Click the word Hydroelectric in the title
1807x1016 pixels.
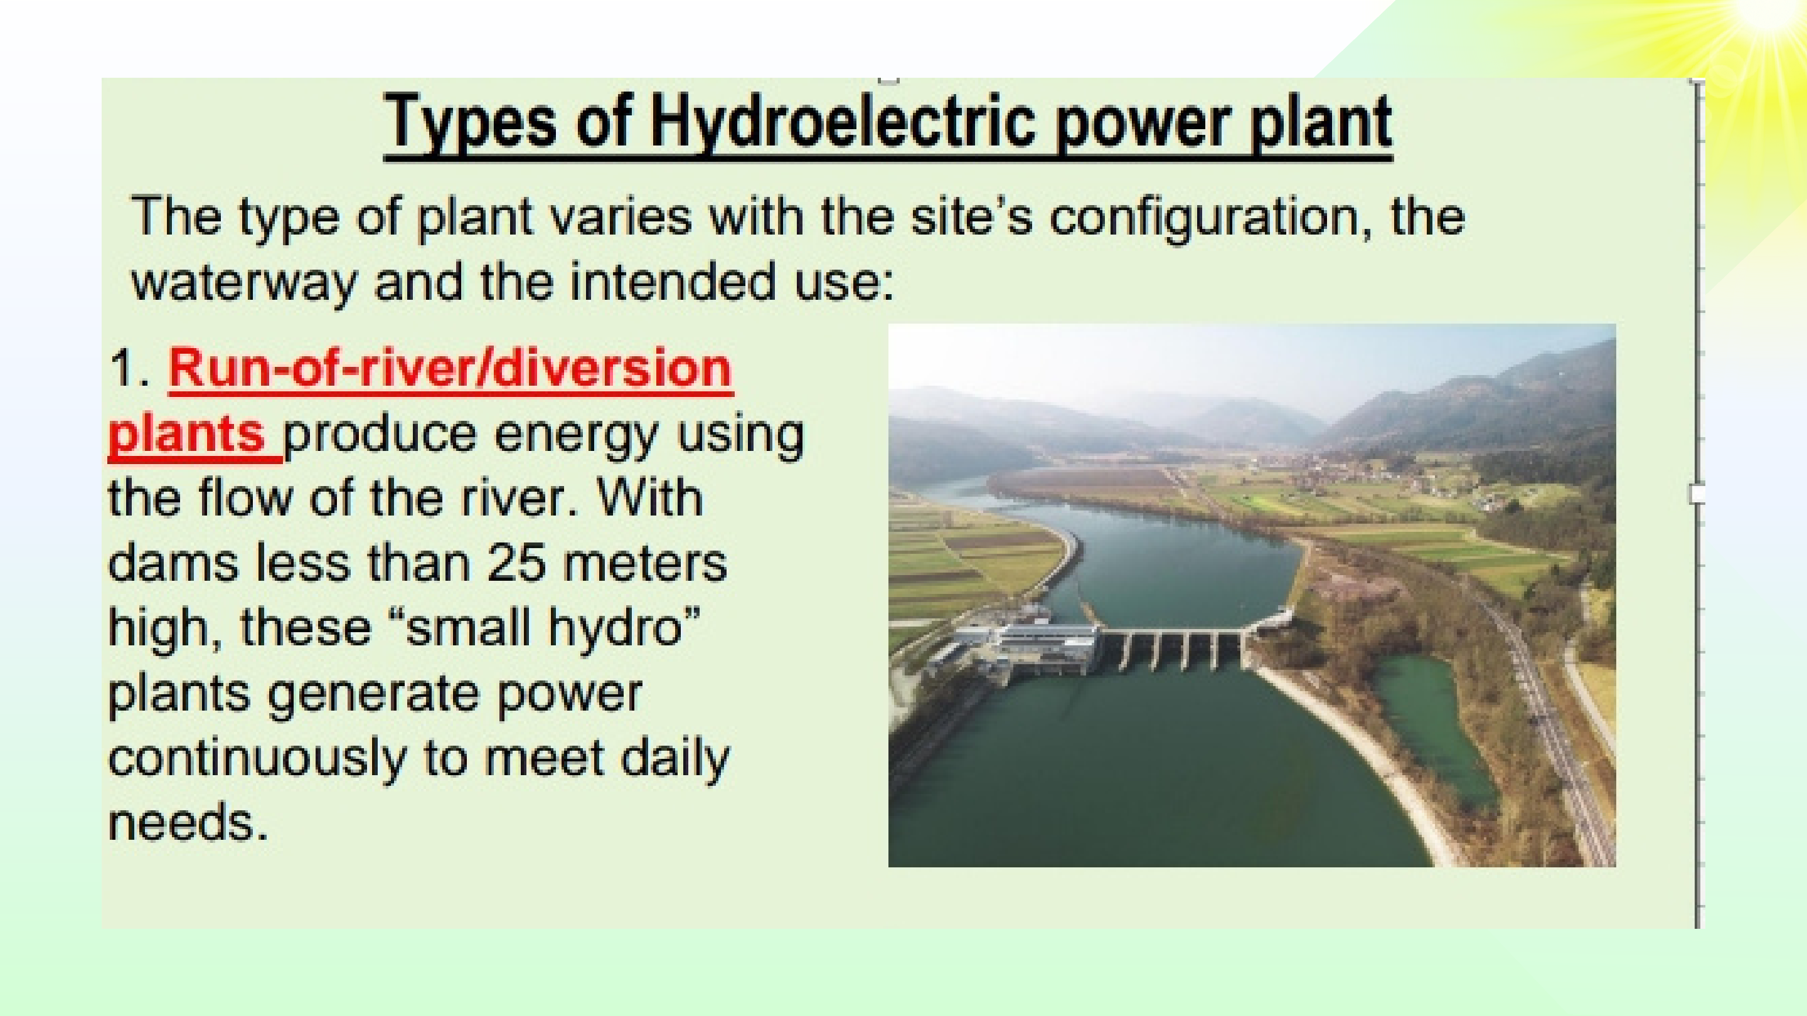pyautogui.click(x=843, y=124)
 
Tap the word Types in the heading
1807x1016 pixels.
pyautogui.click(x=471, y=124)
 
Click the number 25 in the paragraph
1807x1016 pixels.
pyautogui.click(x=517, y=563)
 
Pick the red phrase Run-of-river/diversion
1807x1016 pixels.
pyautogui.click(x=451, y=369)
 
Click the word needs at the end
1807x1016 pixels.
pyautogui.click(x=188, y=822)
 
